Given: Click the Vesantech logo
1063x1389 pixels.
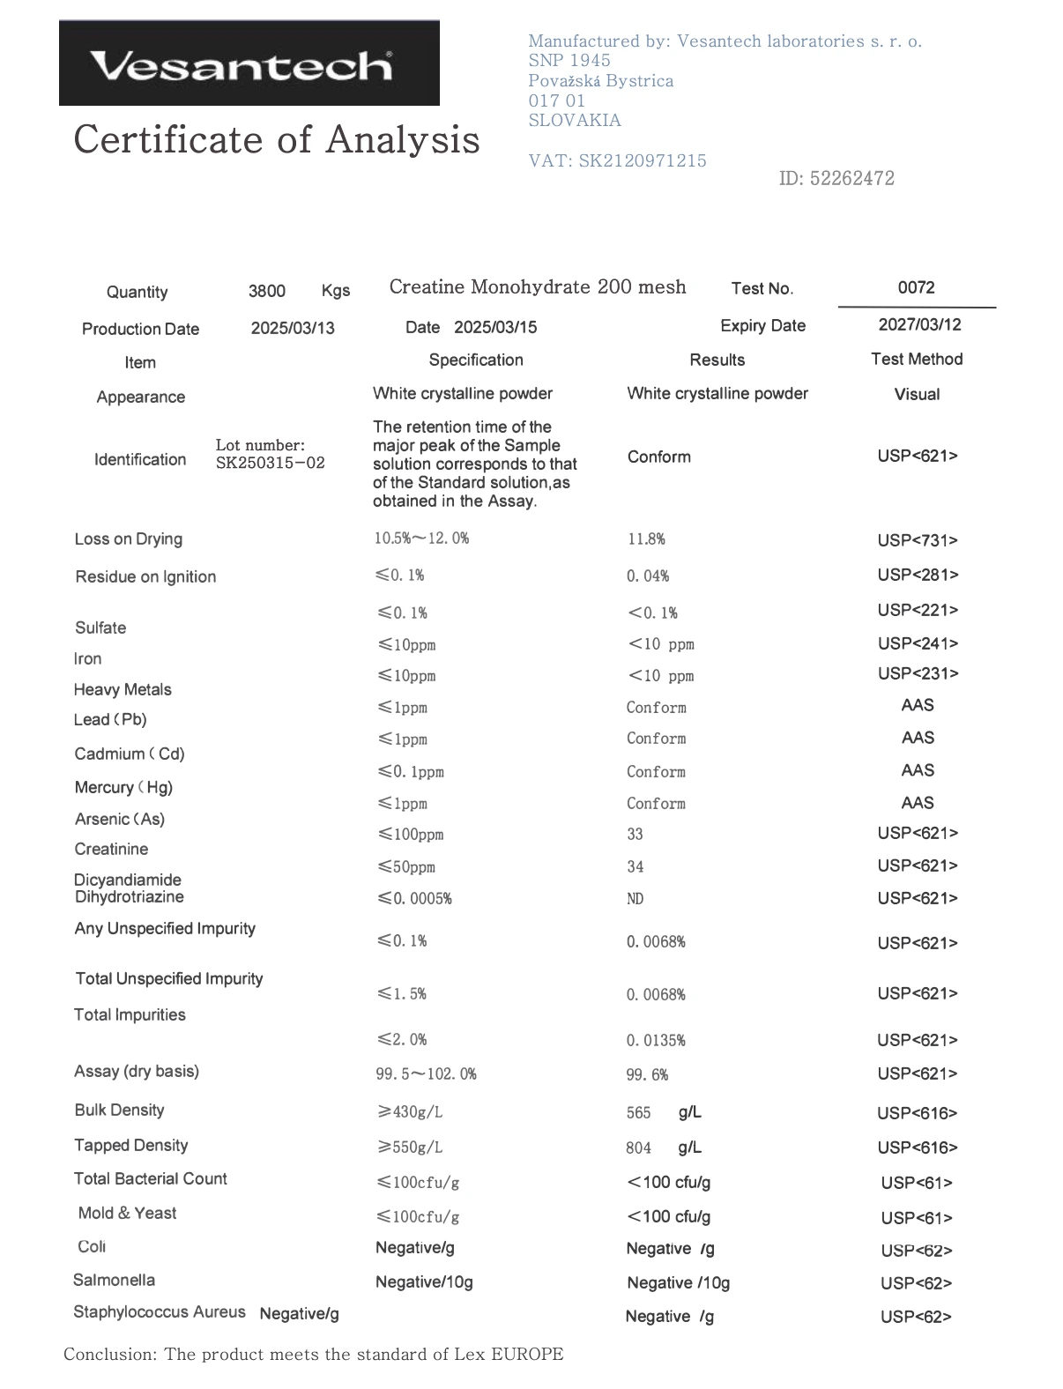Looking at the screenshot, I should (x=249, y=63).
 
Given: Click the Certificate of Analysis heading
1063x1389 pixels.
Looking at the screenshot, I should (x=276, y=139).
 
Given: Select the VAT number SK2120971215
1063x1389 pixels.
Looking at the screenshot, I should (x=643, y=160).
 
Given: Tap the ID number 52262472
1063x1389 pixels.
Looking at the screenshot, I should (x=851, y=178).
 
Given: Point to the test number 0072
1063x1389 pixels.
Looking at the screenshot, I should (x=916, y=287).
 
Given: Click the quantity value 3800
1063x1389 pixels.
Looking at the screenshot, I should (x=266, y=291).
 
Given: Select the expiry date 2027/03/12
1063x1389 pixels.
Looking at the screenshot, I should (x=919, y=324).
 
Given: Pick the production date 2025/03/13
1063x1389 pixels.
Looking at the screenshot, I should (x=293, y=328).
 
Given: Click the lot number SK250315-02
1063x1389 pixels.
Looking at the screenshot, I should (x=270, y=463).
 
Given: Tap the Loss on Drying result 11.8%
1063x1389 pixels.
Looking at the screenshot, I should (x=646, y=539).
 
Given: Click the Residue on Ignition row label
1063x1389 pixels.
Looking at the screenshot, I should (x=145, y=576).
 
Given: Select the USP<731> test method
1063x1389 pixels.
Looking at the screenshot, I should (x=917, y=539).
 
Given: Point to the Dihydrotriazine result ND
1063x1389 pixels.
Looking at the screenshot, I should (x=635, y=899).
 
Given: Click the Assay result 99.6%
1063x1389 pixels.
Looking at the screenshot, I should (x=647, y=1074).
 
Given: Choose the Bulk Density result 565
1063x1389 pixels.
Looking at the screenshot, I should (x=638, y=1113).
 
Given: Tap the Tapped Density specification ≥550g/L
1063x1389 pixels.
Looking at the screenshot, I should (x=410, y=1147).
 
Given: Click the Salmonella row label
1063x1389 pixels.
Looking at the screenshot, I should (x=114, y=1280).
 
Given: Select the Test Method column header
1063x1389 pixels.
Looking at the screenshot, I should (x=917, y=359).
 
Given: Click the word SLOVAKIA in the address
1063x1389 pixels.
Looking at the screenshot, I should (x=575, y=121).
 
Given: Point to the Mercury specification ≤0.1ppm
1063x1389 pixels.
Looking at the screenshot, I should (x=411, y=772).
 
